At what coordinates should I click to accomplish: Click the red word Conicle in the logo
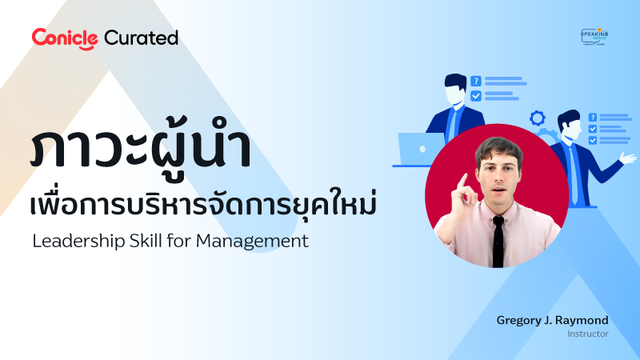pyautogui.click(x=64, y=38)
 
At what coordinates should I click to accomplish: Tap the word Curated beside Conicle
pyautogui.click(x=141, y=38)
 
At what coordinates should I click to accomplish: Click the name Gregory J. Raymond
pyautogui.click(x=552, y=320)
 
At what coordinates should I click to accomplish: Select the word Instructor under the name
pyautogui.click(x=588, y=334)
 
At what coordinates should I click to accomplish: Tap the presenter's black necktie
pyautogui.click(x=498, y=240)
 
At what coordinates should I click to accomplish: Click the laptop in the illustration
pyautogui.click(x=419, y=149)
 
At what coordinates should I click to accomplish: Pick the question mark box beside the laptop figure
pyautogui.click(x=476, y=81)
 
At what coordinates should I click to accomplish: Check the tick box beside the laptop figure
pyautogui.click(x=476, y=96)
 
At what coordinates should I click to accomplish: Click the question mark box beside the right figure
pyautogui.click(x=592, y=116)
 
